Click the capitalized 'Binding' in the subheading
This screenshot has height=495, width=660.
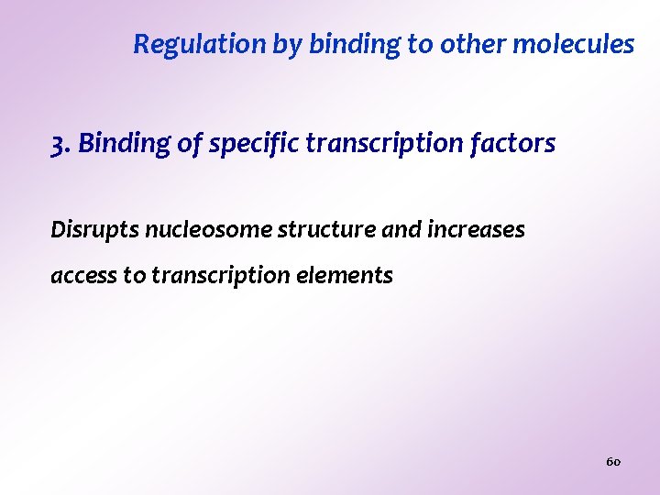[115, 144]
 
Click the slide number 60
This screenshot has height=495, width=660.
[613, 461]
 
